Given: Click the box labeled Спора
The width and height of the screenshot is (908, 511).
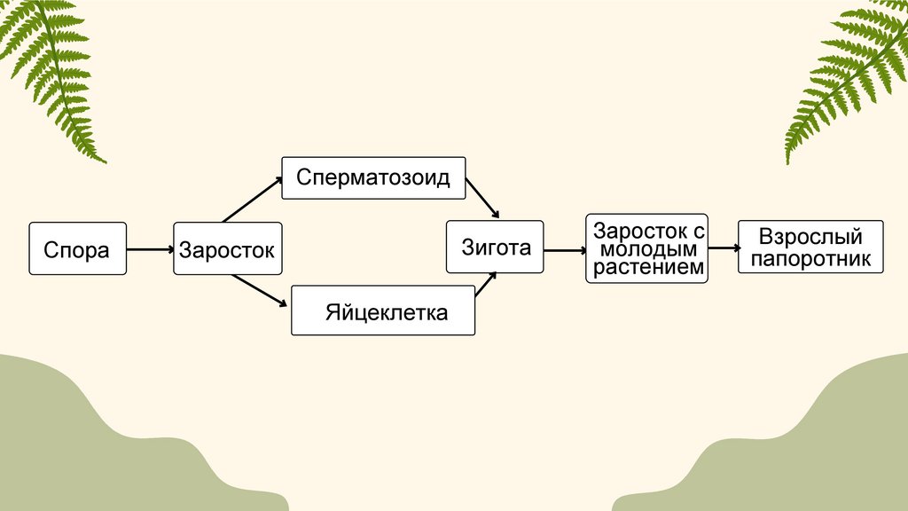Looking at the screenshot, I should point(77,249).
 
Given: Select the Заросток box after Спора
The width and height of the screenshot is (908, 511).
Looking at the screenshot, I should point(228,249).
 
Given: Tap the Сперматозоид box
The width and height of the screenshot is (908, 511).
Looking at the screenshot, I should point(373,177).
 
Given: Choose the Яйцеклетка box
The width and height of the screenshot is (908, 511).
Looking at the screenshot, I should point(383,311).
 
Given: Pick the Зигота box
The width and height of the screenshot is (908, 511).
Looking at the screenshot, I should point(495,246).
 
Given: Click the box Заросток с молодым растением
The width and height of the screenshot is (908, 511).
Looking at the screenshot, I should point(646,248).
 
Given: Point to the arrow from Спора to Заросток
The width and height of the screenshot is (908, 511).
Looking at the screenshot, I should point(150,250).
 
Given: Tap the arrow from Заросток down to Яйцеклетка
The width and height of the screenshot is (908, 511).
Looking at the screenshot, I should point(260,291).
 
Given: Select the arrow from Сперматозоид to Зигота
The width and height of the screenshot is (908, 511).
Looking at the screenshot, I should point(482,197).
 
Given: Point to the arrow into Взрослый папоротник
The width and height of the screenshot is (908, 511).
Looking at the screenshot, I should point(724,249).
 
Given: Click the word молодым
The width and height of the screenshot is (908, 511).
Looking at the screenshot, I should point(647,248).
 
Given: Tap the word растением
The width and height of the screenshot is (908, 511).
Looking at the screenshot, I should point(647,267).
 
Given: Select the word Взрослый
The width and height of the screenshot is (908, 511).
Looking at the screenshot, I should point(810,237).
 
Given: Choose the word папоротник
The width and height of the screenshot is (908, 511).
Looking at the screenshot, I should point(810,258).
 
